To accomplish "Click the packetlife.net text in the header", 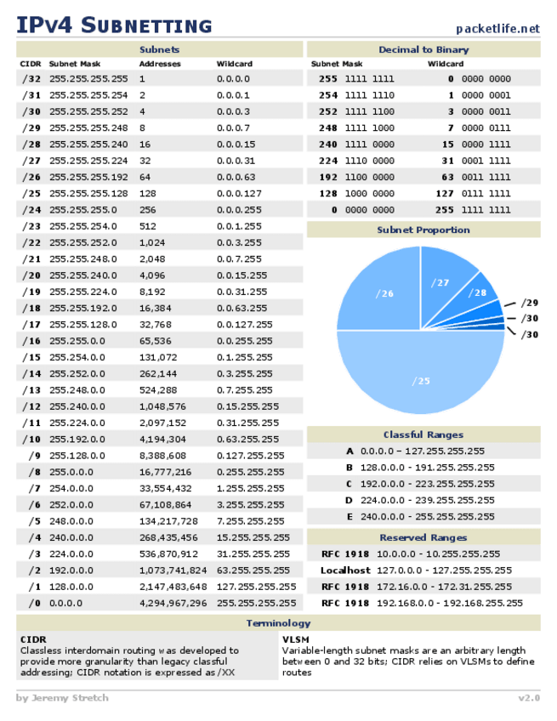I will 497,28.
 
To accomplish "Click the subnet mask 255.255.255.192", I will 88,177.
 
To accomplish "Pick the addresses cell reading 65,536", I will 156,340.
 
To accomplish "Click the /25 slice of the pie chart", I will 421,381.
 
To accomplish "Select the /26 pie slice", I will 384,293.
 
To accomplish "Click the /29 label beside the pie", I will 529,303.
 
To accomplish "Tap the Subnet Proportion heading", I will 423,230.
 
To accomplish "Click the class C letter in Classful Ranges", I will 349,484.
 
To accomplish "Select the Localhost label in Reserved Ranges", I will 345,571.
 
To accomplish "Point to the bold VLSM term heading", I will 295,639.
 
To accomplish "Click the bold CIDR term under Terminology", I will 32,639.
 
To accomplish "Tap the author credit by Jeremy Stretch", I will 62,698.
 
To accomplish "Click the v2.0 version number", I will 528,698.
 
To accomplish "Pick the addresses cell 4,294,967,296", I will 173,603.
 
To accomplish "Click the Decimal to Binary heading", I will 423,50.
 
